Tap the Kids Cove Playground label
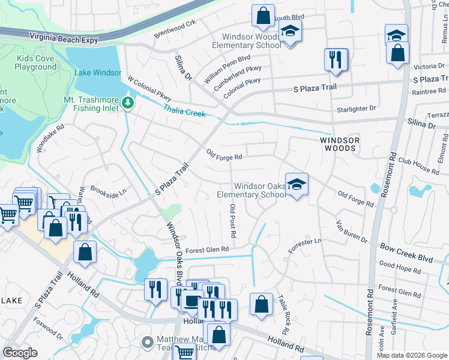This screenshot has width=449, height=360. coord(36,62)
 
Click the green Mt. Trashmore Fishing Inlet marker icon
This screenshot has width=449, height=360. coord(127,103)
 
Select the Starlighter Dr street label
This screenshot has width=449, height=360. coord(356,109)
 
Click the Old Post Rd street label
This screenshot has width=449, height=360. coord(233,220)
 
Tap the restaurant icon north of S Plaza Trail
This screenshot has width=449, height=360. coord(334,60)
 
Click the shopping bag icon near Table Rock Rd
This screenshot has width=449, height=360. coord(261,304)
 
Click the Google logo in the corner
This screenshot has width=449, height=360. coord(20,353)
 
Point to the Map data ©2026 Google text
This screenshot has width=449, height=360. coord(411,355)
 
